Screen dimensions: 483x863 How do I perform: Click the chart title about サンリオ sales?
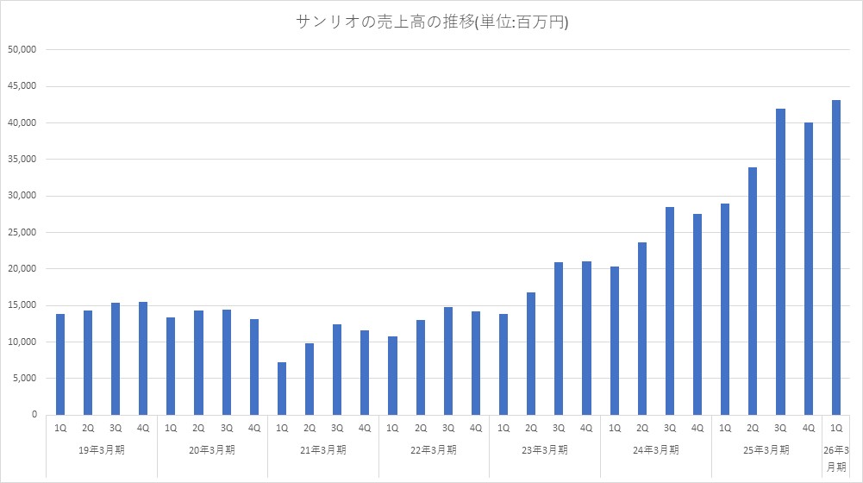[431, 23]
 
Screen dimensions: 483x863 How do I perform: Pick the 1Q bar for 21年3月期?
[281, 388]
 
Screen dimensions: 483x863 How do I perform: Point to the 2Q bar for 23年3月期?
[531, 354]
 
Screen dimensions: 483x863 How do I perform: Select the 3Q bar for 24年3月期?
[670, 310]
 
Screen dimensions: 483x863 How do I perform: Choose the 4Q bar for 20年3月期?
[253, 367]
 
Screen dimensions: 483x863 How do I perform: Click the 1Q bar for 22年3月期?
[392, 375]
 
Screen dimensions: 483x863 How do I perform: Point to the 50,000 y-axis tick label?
[22, 50]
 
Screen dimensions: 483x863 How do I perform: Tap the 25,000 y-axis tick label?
[22, 232]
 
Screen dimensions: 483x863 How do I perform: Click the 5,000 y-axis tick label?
[24, 378]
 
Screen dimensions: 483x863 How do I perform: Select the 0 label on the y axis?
[33, 415]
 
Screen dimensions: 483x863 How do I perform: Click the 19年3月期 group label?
[101, 449]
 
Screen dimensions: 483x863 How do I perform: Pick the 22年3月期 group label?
[434, 449]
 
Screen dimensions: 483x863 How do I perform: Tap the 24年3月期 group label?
[655, 449]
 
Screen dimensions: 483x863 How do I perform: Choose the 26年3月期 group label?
[836, 458]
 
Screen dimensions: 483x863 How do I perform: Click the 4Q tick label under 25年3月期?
[808, 428]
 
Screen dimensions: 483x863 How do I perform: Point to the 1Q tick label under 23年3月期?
[503, 428]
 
